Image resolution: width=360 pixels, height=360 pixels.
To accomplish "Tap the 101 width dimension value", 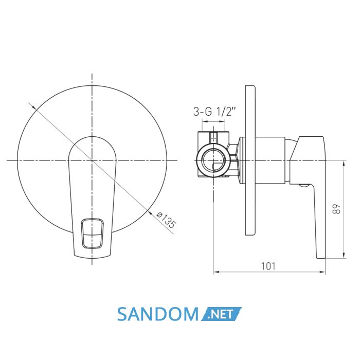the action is click(268, 266).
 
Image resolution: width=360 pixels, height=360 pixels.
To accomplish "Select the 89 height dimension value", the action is click(336, 209).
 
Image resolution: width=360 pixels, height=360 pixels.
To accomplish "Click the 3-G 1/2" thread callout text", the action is click(214, 112).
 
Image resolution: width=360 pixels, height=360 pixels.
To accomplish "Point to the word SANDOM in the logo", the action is click(158, 314).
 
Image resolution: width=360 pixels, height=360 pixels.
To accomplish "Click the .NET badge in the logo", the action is click(221, 314).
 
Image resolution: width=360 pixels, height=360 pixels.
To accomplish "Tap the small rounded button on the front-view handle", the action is click(92, 233).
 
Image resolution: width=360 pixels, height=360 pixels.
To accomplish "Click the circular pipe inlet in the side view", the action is click(213, 160).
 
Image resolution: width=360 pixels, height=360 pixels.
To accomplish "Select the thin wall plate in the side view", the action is click(250, 160).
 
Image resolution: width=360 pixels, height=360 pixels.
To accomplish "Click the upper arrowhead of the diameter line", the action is click(34, 107).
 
